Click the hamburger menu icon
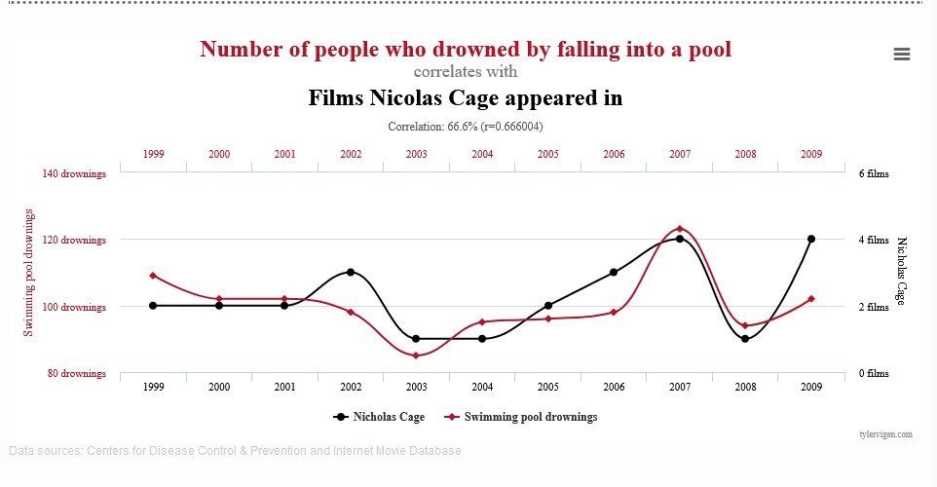click(901, 55)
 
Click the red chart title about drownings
click(465, 48)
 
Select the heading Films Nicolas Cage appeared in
click(465, 98)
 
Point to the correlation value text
click(465, 127)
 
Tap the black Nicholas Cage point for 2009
click(811, 239)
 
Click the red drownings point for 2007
click(680, 229)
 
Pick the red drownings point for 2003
click(416, 356)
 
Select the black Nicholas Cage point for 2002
click(351, 272)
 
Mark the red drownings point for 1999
click(153, 276)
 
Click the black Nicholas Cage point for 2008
click(745, 339)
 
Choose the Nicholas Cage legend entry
click(379, 417)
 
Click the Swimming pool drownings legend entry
click(521, 417)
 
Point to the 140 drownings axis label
click(73, 173)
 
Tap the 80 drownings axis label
click(75, 373)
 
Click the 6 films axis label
click(873, 173)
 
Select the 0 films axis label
click(873, 373)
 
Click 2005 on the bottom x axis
click(548, 387)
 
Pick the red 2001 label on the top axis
click(284, 154)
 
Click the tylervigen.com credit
click(885, 433)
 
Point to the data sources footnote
click(235, 451)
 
